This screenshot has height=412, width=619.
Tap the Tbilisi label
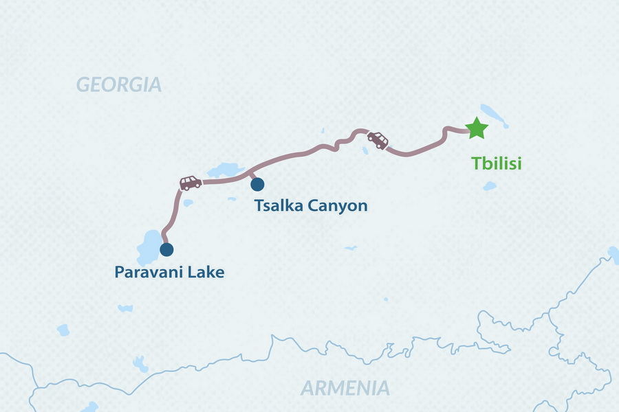click(x=497, y=164)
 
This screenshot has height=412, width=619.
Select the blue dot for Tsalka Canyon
click(x=257, y=184)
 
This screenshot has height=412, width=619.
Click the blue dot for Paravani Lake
click(x=166, y=249)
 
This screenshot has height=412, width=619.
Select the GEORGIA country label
click(x=119, y=85)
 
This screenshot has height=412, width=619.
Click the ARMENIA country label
click(x=345, y=388)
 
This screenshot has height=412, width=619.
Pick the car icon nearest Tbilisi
click(x=378, y=139)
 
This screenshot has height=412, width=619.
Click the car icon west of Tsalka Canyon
click(x=191, y=183)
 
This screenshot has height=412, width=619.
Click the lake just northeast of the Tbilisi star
click(x=494, y=114)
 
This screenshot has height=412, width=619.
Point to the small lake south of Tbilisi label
click(x=490, y=186)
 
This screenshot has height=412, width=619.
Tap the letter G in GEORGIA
click(x=84, y=85)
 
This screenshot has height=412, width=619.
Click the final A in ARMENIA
click(x=382, y=388)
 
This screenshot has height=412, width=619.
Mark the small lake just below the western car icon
click(x=188, y=203)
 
